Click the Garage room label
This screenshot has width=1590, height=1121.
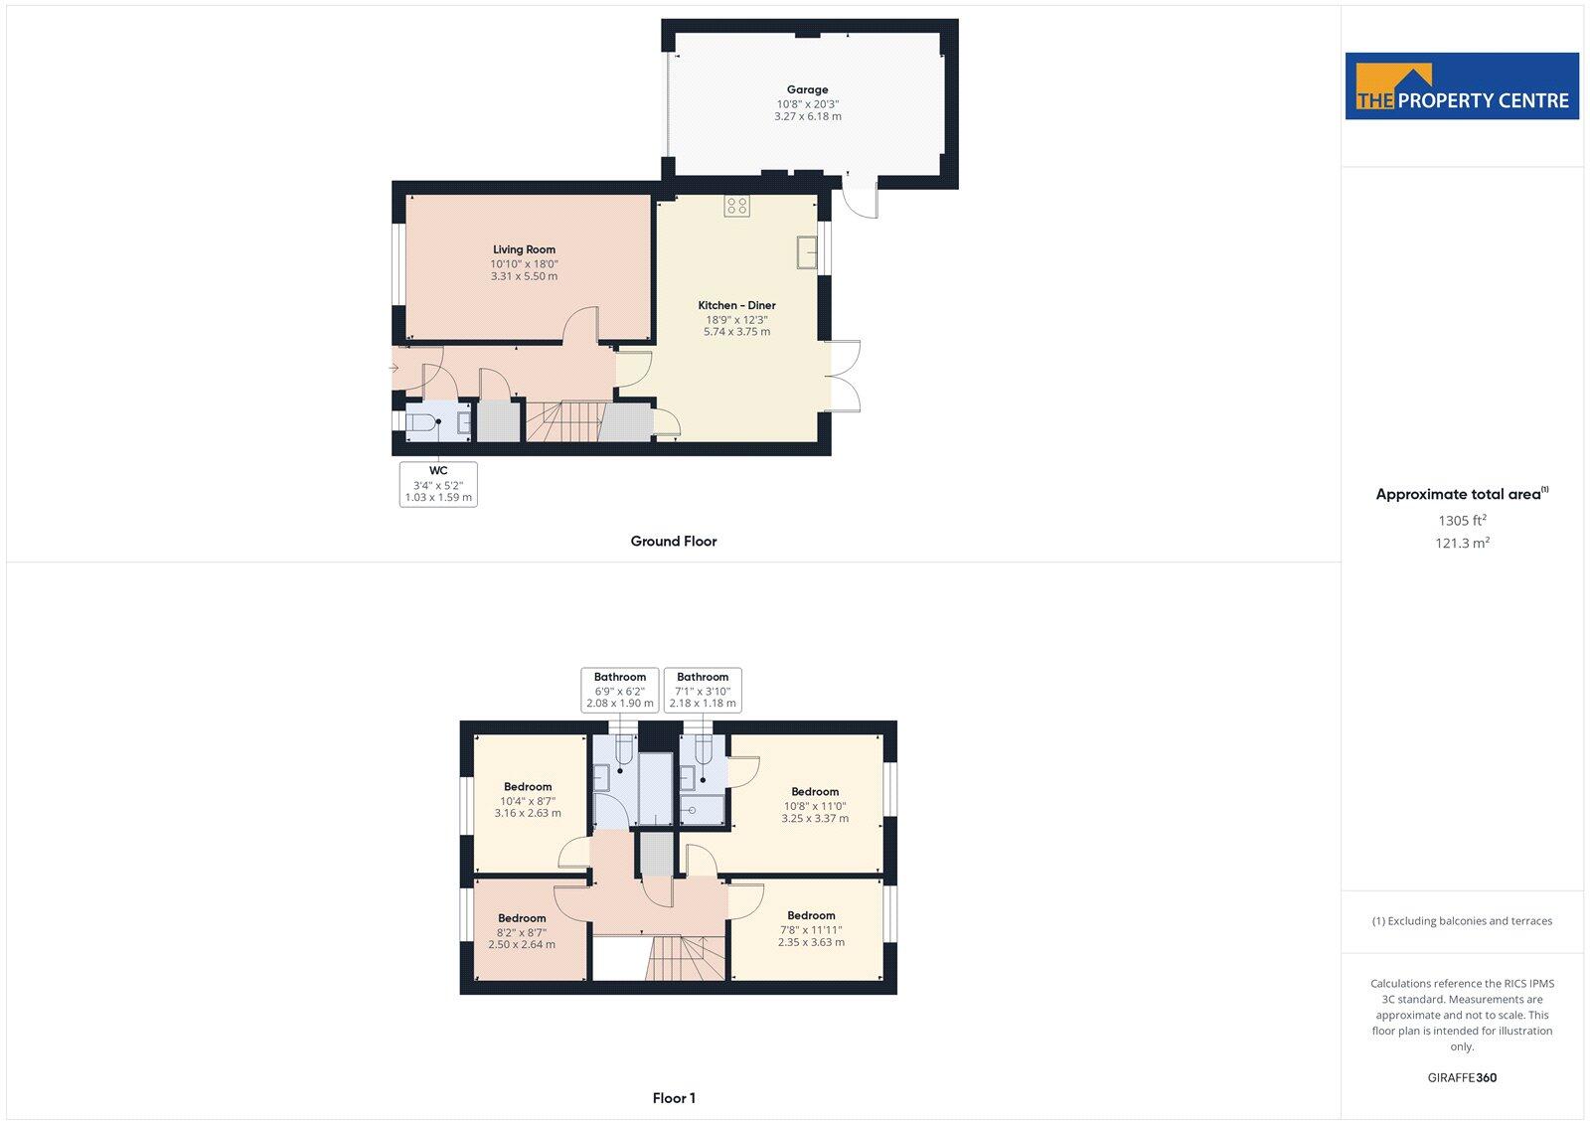pyautogui.click(x=807, y=89)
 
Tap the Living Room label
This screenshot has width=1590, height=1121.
pyautogui.click(x=524, y=249)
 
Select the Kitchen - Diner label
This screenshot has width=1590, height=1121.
pyautogui.click(x=736, y=305)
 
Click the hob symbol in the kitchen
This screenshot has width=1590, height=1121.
pyautogui.click(x=736, y=206)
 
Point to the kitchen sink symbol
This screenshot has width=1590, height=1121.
pyautogui.click(x=806, y=252)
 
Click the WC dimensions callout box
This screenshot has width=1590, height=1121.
pyautogui.click(x=438, y=484)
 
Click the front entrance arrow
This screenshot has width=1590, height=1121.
pyautogui.click(x=394, y=369)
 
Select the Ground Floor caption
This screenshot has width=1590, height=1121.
pyautogui.click(x=673, y=542)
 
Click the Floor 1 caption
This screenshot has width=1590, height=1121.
pyautogui.click(x=674, y=1098)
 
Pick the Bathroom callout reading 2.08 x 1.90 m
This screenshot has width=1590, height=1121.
pyautogui.click(x=620, y=690)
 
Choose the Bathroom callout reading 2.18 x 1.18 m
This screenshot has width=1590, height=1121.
pyautogui.click(x=703, y=690)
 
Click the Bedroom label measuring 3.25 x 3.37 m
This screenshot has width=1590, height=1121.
pyautogui.click(x=815, y=792)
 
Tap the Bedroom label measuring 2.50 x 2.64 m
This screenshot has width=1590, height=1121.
pyautogui.click(x=522, y=918)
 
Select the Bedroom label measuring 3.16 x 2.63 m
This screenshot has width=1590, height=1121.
pyautogui.click(x=528, y=786)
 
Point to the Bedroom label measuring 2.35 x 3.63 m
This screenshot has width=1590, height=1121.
pyautogui.click(x=811, y=915)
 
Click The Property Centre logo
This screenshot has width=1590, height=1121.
pyautogui.click(x=1462, y=86)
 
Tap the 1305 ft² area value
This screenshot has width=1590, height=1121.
pyautogui.click(x=1462, y=520)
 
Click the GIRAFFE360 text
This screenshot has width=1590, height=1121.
pyautogui.click(x=1462, y=1077)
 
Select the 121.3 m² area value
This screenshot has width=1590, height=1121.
pyautogui.click(x=1462, y=544)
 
